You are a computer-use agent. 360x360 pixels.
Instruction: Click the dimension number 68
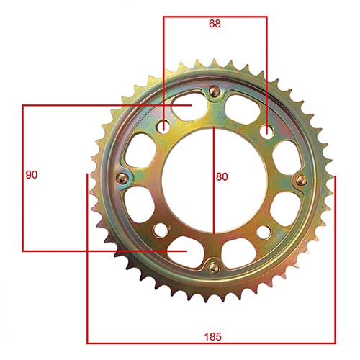[214, 24]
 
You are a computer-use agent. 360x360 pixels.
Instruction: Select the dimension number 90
[32, 175]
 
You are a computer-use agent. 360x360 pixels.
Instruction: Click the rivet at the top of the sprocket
[213, 91]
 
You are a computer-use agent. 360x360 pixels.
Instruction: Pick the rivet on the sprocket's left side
[122, 179]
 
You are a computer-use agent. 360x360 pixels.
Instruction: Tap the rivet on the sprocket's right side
[301, 180]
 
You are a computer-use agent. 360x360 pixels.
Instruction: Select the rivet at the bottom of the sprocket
[212, 267]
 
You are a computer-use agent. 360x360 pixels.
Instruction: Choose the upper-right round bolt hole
[266, 131]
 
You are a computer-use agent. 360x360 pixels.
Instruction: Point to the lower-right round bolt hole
[264, 230]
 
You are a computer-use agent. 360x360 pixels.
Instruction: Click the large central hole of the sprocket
[214, 180]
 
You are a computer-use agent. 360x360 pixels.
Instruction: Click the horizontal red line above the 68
[215, 17]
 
